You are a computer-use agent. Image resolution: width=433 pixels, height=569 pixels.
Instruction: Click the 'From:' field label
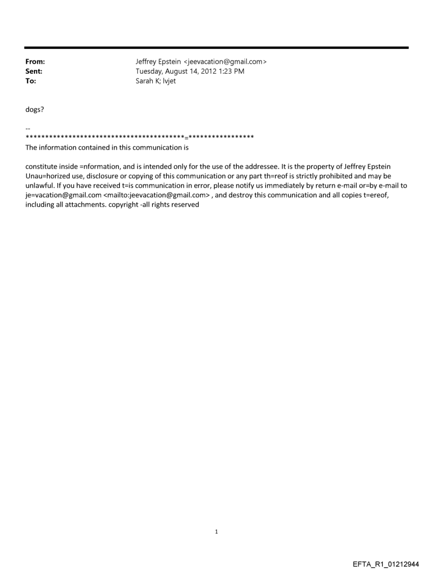[x=34, y=62]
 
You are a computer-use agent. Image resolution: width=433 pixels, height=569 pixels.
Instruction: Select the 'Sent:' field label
[x=34, y=72]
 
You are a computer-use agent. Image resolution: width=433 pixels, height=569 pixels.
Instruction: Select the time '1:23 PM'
[x=235, y=72]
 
